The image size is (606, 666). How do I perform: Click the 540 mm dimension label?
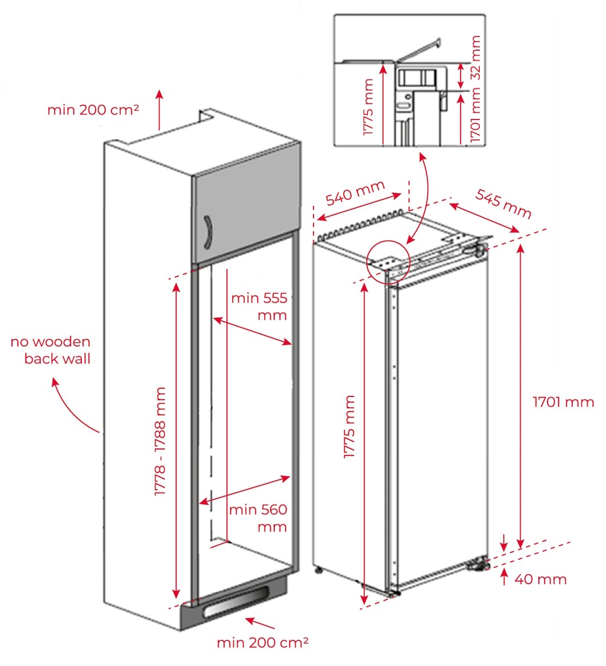coord(355,194)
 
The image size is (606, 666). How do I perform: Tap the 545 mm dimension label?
coord(503,203)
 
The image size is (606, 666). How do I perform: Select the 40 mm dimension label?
coord(540,579)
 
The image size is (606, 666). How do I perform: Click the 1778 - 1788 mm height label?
coord(160,442)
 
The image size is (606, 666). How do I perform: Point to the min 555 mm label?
coord(259,306)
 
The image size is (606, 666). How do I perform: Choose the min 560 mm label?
coord(258,518)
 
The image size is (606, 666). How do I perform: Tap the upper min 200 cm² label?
coord(93,110)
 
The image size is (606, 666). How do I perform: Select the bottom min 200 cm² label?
coord(263,643)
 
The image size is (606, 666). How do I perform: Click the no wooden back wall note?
coord(51,350)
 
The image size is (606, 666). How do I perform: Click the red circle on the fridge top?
coord(387,261)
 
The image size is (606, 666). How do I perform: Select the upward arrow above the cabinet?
coord(160,110)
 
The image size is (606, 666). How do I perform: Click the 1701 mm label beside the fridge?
coord(563,402)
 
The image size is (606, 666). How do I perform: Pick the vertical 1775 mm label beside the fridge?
coord(349,426)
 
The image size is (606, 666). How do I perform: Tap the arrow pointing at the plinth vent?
coord(260,623)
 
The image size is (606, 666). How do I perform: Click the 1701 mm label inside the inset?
coord(476,116)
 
